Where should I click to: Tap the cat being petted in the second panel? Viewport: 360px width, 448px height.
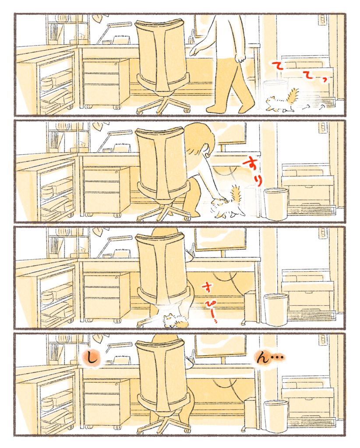(x=229, y=203)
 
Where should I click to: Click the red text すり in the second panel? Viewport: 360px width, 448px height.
(x=252, y=172)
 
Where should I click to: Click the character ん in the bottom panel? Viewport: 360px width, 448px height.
(x=262, y=357)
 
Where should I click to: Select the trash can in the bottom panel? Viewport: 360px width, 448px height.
(x=275, y=416)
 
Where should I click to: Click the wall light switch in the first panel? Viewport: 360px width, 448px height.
(x=323, y=20)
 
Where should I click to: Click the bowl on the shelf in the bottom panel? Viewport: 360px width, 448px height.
(x=47, y=403)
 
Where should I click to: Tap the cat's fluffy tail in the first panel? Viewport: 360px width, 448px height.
(x=293, y=96)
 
